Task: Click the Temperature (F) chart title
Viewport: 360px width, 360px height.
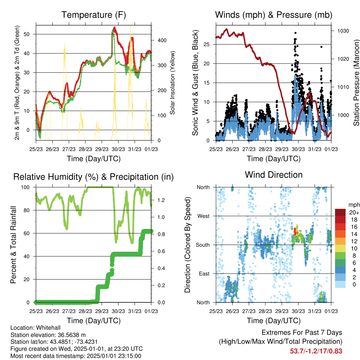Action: [x=94, y=15]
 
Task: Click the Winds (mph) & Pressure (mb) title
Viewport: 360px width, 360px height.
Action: [x=274, y=15]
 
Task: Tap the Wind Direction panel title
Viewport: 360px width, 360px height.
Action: [x=274, y=175]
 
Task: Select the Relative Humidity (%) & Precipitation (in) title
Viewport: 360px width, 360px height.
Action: [x=94, y=177]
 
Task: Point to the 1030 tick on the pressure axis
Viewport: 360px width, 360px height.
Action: [x=343, y=31]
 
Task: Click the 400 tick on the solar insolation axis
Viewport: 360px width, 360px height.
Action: [x=162, y=40]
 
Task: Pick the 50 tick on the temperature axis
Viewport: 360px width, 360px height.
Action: [x=27, y=34]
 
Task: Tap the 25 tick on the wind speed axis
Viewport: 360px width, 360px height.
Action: [x=207, y=44]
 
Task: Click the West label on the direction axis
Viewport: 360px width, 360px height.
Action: [x=204, y=216]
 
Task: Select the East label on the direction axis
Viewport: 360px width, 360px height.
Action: [x=204, y=274]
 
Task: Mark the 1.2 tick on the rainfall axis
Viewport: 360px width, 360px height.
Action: [x=161, y=200]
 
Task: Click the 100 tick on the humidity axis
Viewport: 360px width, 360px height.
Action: [x=25, y=187]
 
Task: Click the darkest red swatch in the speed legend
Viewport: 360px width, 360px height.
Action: [x=340, y=212]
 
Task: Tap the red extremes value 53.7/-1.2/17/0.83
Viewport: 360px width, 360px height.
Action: [x=316, y=351]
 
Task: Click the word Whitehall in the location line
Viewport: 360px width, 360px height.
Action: [x=48, y=328]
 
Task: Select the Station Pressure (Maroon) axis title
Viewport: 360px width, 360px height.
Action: [x=356, y=83]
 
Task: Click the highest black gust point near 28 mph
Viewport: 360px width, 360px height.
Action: [x=295, y=33]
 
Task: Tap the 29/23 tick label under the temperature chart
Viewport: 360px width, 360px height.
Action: [x=102, y=149]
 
